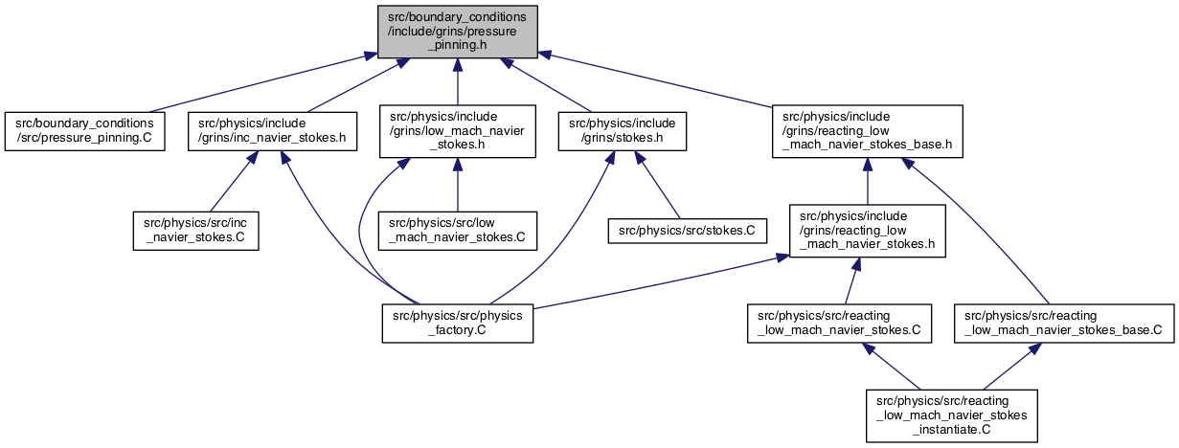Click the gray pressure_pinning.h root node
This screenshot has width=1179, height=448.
(x=458, y=32)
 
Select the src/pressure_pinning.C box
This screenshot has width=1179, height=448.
(x=84, y=131)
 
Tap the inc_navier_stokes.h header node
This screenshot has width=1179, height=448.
(x=272, y=131)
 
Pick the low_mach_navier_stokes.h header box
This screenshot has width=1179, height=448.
(x=458, y=131)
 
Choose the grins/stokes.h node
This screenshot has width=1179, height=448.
(x=623, y=131)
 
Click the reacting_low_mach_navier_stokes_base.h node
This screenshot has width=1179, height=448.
(x=868, y=131)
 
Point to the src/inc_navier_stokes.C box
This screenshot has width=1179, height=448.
(x=195, y=231)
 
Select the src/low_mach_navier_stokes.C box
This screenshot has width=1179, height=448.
(x=458, y=231)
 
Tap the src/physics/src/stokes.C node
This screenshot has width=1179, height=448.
(x=688, y=231)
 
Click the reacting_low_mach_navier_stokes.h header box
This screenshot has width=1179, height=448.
(x=868, y=231)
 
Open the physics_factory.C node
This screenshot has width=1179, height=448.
(x=458, y=324)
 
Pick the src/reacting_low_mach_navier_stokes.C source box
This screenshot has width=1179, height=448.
(x=839, y=324)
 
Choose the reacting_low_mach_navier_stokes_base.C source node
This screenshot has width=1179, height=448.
(x=1064, y=324)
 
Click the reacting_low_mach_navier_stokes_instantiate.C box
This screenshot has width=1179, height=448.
(x=952, y=415)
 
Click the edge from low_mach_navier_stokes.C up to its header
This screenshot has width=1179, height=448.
(x=458, y=185)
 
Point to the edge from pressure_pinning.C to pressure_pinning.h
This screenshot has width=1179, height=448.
(x=262, y=83)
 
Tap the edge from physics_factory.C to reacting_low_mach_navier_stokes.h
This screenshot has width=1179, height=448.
(x=661, y=281)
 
